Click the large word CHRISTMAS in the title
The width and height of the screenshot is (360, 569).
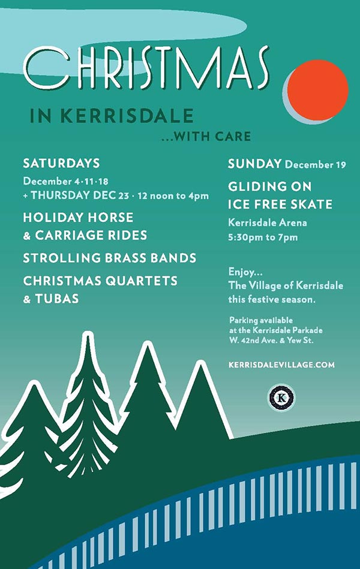click(x=146, y=68)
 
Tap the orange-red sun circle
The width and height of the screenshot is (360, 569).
click(x=317, y=90)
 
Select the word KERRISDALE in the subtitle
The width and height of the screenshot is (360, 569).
click(x=127, y=116)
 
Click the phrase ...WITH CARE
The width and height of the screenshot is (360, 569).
click(x=206, y=137)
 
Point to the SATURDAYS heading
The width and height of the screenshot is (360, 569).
click(x=61, y=163)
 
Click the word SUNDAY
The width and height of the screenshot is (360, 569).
click(x=254, y=164)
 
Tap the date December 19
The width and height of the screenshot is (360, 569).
click(x=316, y=165)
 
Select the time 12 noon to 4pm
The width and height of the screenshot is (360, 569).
click(x=173, y=196)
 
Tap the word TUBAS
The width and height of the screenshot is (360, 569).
click(x=57, y=299)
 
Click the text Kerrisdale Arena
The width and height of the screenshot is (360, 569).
click(x=268, y=222)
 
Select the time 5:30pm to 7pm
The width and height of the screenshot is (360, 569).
click(x=263, y=237)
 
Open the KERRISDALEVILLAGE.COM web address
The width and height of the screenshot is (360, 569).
click(x=281, y=365)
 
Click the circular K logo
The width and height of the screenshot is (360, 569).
click(x=281, y=398)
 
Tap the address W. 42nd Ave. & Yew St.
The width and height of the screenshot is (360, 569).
click(x=271, y=341)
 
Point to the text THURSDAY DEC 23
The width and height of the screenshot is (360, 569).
click(x=80, y=195)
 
